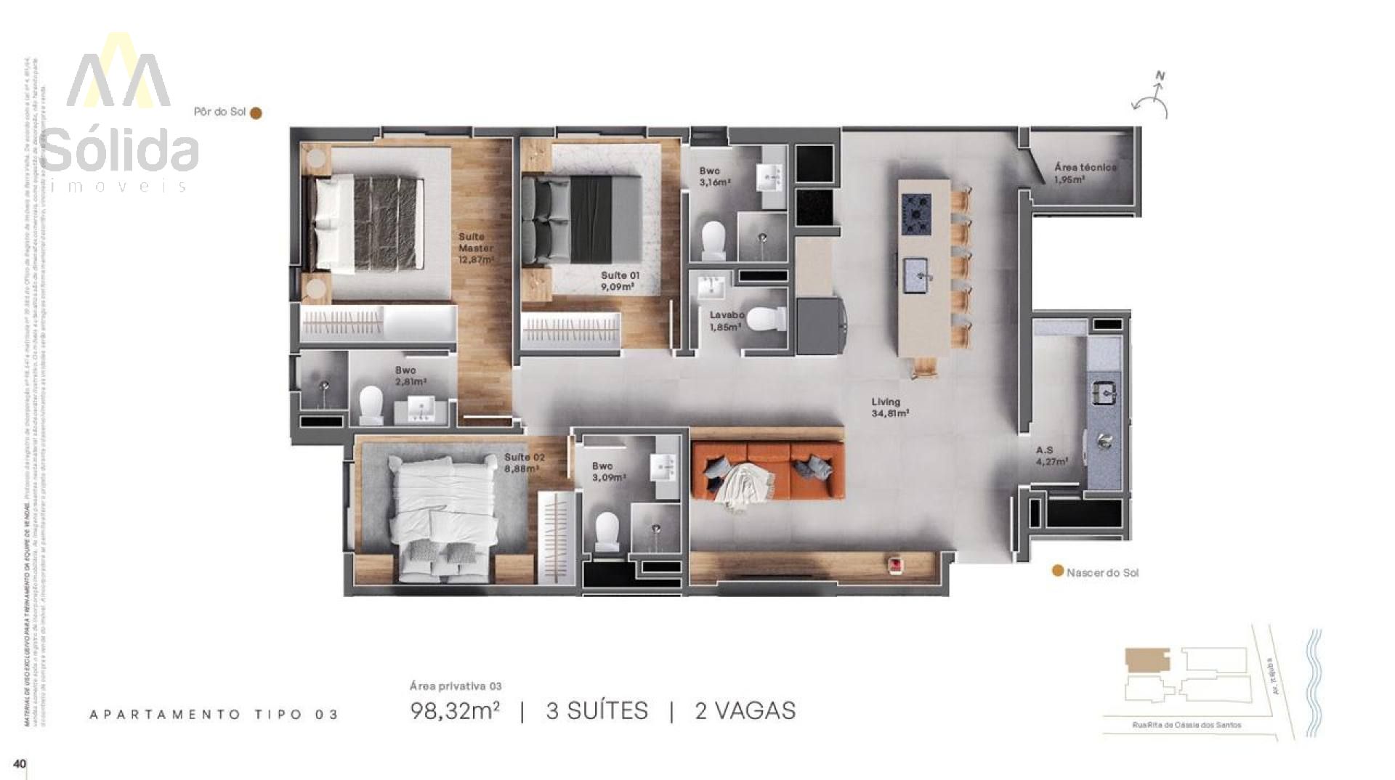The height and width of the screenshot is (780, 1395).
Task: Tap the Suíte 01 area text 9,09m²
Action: pos(617,286)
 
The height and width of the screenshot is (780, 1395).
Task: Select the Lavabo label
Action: pos(727,315)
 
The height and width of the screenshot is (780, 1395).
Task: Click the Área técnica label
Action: pos(1085,168)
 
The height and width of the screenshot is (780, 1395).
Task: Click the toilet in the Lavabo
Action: pos(764,320)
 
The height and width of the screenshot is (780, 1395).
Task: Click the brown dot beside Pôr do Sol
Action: pos(256,113)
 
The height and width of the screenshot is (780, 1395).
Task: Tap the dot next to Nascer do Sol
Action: pos(1058,571)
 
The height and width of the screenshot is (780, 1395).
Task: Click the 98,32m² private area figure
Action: pos(455,710)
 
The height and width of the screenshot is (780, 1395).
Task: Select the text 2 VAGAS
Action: pos(745,710)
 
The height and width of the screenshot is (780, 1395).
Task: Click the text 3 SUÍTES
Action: pos(597,710)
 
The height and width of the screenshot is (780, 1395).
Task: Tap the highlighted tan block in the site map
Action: pos(1147,660)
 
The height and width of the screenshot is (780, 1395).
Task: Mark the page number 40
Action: pos(20,763)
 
